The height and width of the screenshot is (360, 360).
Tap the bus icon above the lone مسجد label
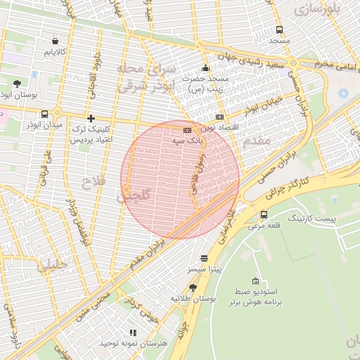click(x=280, y=30)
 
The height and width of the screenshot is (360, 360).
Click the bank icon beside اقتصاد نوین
click(x=220, y=117)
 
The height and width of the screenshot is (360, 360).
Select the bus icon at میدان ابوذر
click(x=45, y=114)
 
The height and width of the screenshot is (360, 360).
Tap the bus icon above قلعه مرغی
click(x=264, y=214)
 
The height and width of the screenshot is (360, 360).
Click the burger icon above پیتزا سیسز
click(x=204, y=258)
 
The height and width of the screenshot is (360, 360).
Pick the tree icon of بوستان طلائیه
click(x=193, y=287)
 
